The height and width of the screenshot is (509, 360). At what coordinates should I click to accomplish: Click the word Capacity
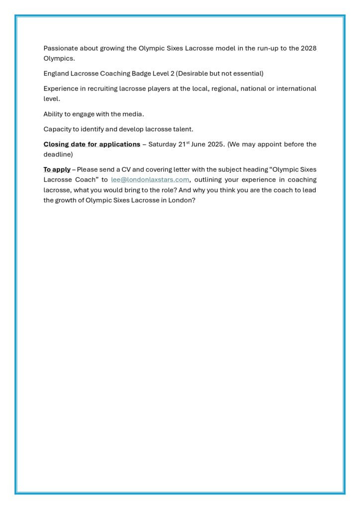[58, 129]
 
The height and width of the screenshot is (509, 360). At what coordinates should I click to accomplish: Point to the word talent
[183, 129]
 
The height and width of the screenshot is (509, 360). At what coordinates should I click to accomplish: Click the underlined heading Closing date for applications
[92, 144]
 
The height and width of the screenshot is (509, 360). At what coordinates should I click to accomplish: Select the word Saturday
[162, 144]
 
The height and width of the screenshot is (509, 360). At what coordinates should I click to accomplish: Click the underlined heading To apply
[57, 170]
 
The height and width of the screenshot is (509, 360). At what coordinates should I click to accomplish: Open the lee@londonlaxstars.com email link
[150, 179]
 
